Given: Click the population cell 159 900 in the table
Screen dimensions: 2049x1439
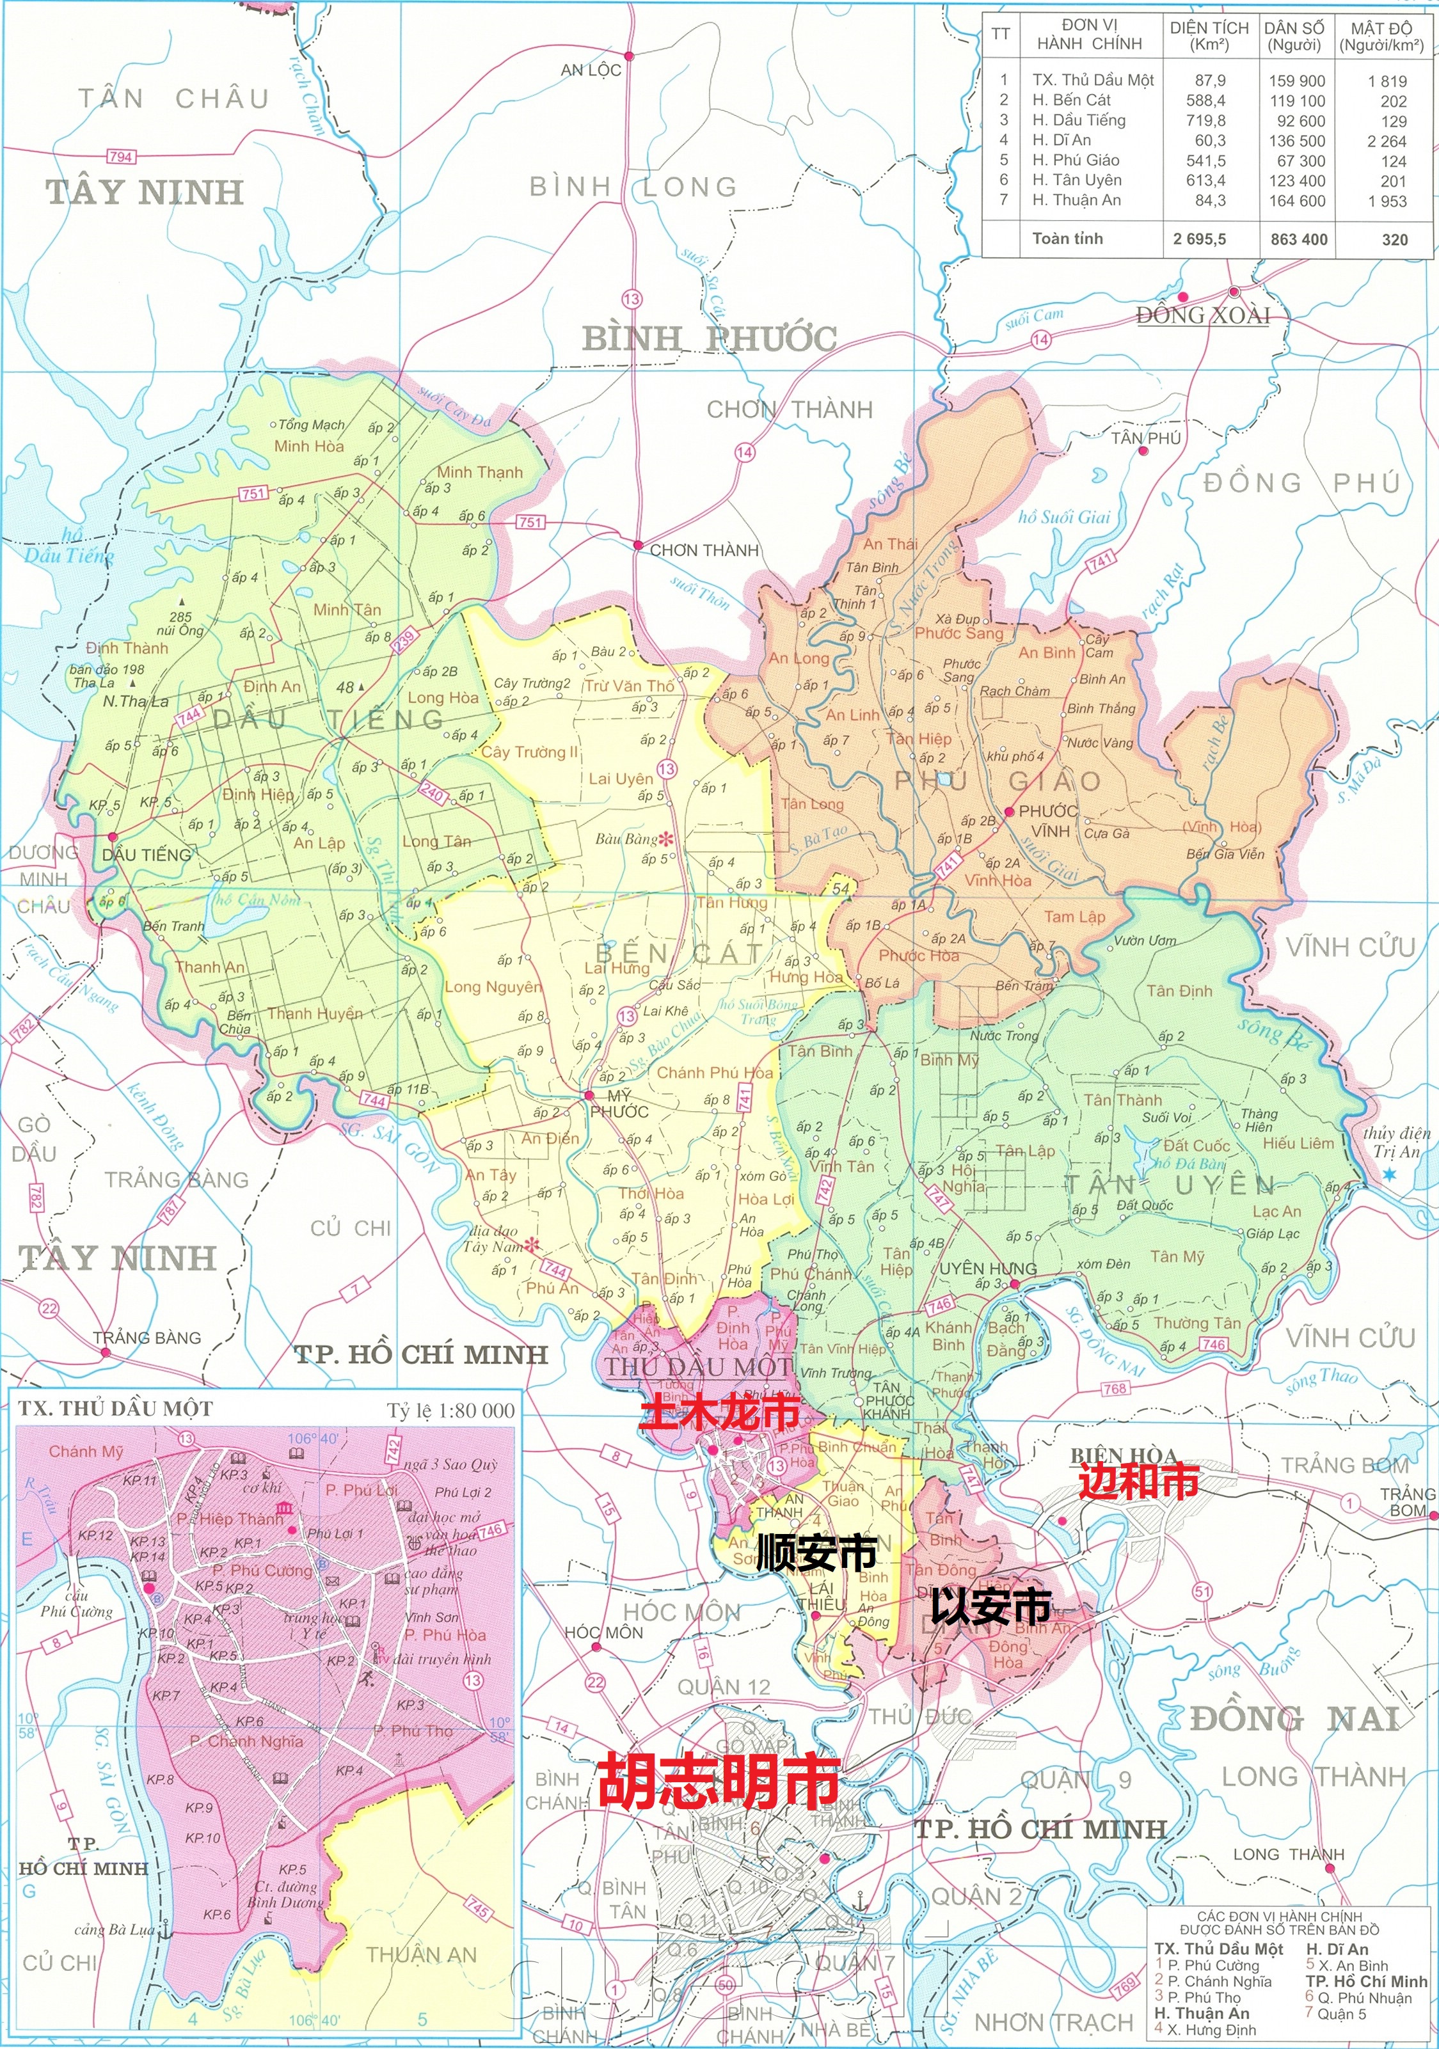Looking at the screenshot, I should [x=1296, y=81].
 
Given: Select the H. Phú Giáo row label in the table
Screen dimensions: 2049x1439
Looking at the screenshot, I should [x=1076, y=161].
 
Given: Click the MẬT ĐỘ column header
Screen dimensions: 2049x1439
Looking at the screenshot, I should [x=1380, y=36].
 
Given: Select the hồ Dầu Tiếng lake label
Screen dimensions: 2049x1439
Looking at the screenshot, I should [x=70, y=546].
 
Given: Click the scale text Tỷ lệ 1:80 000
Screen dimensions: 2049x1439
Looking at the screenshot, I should [x=451, y=1411].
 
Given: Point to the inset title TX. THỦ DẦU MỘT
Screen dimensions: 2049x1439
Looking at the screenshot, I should [x=115, y=1409].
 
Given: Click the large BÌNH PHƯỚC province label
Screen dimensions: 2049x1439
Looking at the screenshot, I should [x=709, y=339].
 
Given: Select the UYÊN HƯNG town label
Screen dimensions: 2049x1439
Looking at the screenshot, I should [x=987, y=1268].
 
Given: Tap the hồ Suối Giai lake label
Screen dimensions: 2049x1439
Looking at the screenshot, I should [x=1064, y=518].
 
